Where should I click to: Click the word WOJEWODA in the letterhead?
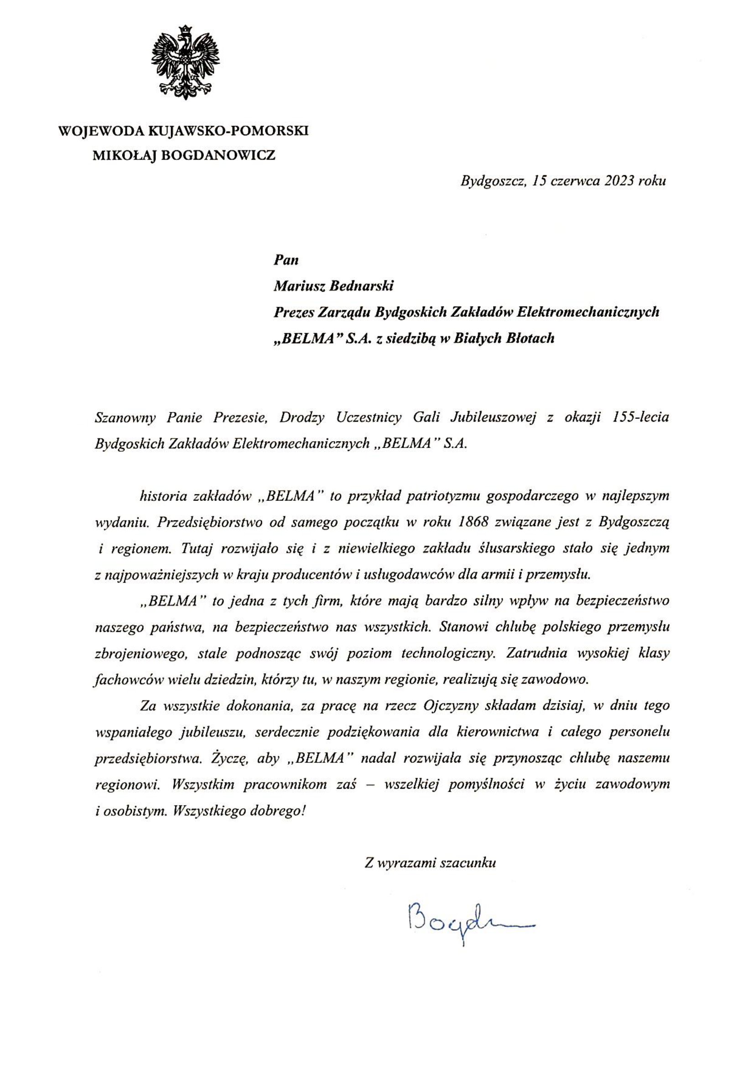[x=100, y=131]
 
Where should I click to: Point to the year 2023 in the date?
[x=619, y=181]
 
